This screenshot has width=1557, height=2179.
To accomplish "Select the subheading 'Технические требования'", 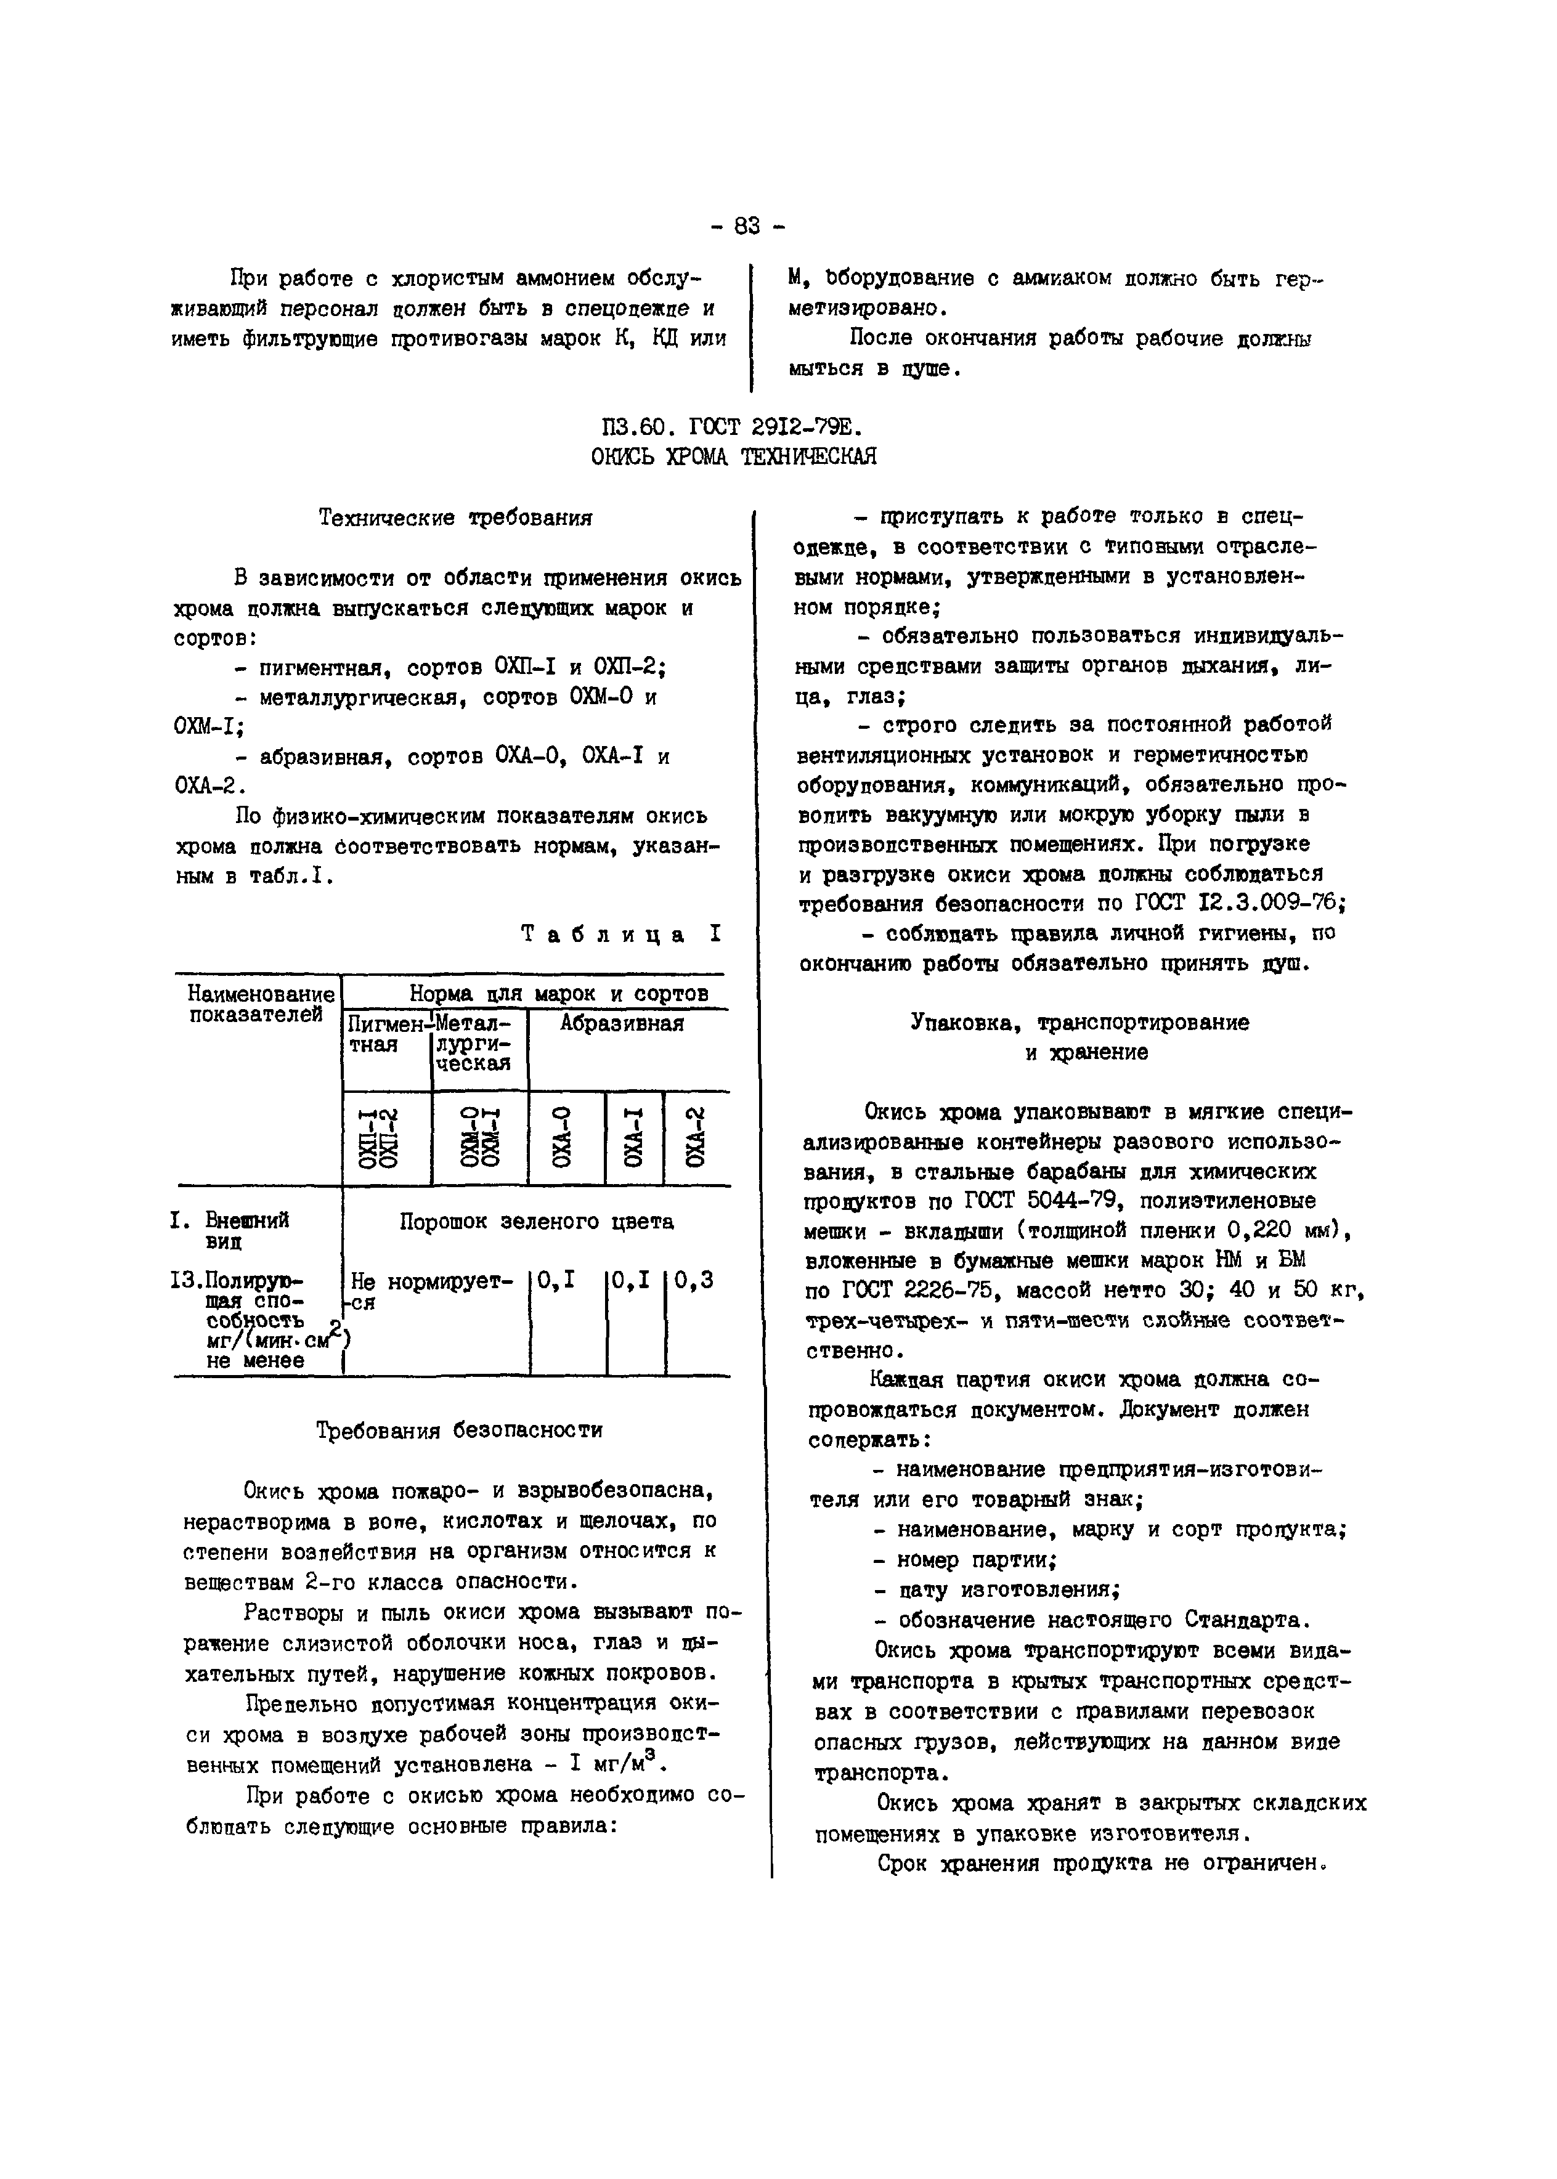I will (x=455, y=519).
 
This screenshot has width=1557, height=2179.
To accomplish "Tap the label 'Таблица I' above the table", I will (x=621, y=934).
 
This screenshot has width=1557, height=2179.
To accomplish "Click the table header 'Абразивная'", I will (x=622, y=1024).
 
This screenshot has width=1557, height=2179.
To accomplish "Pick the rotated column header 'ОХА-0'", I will (x=566, y=1138).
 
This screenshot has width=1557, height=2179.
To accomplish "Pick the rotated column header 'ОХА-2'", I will (x=697, y=1138).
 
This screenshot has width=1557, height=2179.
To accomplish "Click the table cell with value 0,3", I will (x=694, y=1281).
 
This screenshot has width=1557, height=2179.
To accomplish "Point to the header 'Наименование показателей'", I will (x=261, y=1004).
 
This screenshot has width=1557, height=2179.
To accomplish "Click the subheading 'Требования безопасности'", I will (x=459, y=1430).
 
